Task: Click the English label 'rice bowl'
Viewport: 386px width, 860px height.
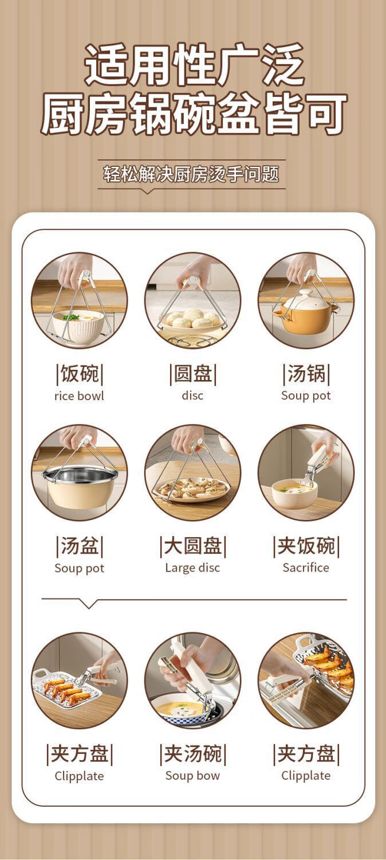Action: pyautogui.click(x=80, y=396)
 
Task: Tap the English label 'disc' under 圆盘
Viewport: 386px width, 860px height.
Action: pyautogui.click(x=192, y=396)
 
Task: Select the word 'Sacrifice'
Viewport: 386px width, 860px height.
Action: pyautogui.click(x=306, y=568)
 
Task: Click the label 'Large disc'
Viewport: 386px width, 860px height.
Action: pyautogui.click(x=192, y=568)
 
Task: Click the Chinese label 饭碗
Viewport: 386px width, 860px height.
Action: pyautogui.click(x=80, y=374)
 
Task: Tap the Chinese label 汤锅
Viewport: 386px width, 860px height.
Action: pyautogui.click(x=306, y=374)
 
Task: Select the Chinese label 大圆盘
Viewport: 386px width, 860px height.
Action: pyautogui.click(x=193, y=546)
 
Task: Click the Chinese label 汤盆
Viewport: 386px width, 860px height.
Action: pyautogui.click(x=80, y=546)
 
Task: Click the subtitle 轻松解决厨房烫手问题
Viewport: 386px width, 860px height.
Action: pyautogui.click(x=191, y=174)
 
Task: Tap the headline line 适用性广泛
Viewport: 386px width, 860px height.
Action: pyautogui.click(x=194, y=64)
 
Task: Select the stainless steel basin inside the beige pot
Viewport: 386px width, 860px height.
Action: pyautogui.click(x=80, y=475)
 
